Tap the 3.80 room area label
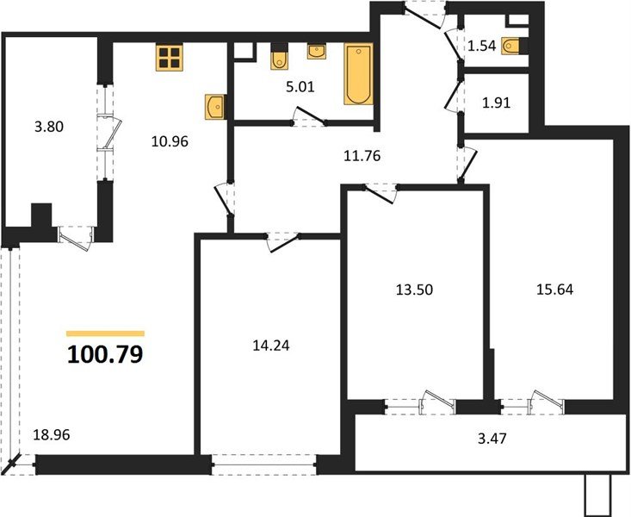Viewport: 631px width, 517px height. click(x=49, y=126)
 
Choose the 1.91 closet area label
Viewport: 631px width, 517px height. click(x=496, y=103)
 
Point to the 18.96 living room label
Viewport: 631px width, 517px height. click(x=51, y=434)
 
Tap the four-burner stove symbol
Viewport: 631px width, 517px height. click(x=170, y=56)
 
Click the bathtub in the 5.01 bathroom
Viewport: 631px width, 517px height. click(x=357, y=74)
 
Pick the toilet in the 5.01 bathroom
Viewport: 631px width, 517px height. click(x=279, y=59)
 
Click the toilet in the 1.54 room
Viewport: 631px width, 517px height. click(x=513, y=46)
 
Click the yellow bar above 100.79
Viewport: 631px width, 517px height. click(x=105, y=333)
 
